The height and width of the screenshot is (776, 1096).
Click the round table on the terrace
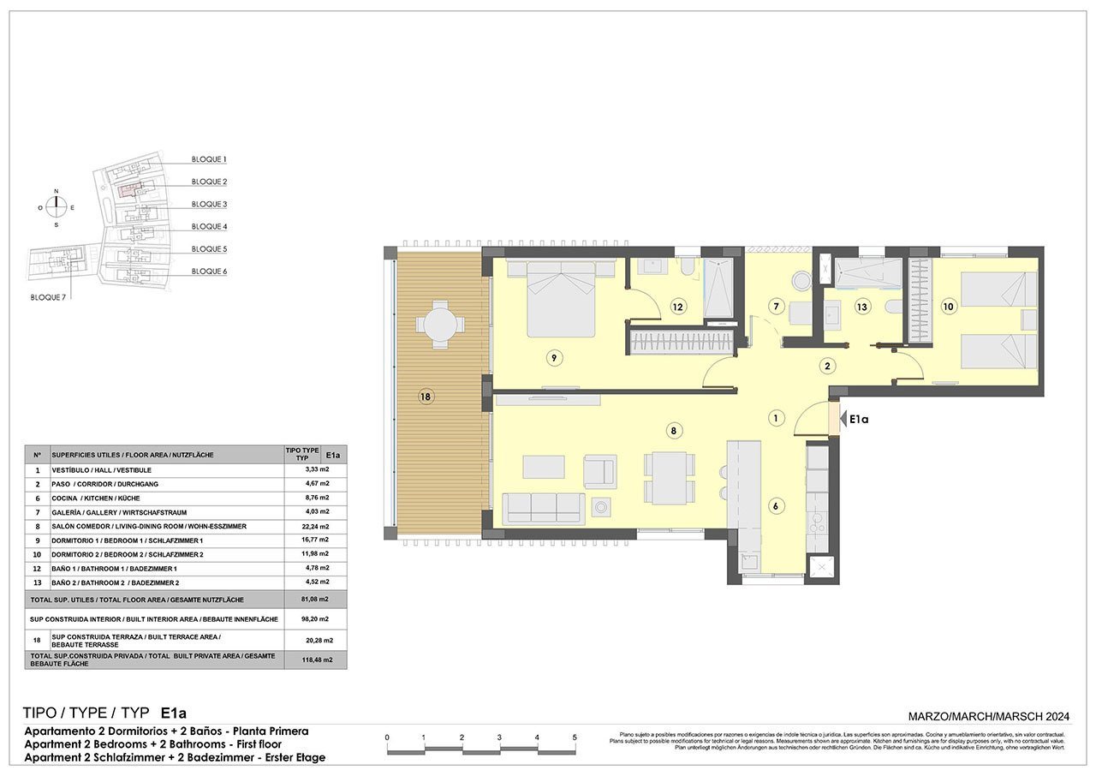(438, 325)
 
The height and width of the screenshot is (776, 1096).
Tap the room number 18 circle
(426, 397)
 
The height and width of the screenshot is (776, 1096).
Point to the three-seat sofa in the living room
(544, 507)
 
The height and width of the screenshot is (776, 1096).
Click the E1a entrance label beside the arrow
(859, 419)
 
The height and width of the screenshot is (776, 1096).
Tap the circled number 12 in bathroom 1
(677, 306)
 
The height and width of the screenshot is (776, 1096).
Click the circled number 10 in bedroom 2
(948, 306)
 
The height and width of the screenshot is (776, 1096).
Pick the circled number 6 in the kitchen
(776, 505)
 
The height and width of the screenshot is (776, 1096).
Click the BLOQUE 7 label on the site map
(48, 297)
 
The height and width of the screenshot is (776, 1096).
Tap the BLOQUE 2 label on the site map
(209, 182)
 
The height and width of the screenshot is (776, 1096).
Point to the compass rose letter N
(57, 191)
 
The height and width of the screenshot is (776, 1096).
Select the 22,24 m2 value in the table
(318, 526)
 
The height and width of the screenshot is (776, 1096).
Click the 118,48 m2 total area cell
(318, 660)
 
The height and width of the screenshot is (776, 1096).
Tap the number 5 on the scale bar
(575, 737)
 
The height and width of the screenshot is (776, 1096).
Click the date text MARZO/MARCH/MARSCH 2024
(989, 716)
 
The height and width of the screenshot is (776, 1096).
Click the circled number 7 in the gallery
(776, 306)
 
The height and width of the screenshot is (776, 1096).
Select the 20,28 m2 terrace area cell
(318, 639)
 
